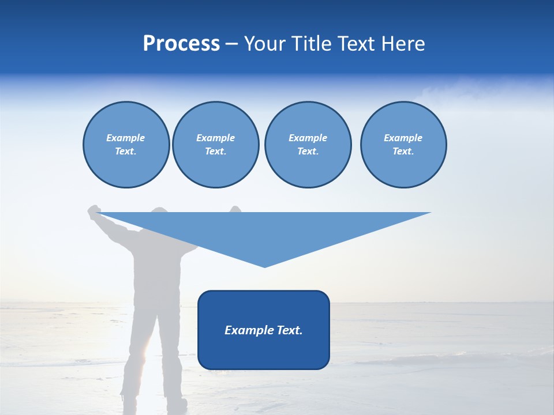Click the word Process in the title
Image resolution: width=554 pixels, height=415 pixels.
pos(181,44)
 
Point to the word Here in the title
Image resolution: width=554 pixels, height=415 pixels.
pos(404,44)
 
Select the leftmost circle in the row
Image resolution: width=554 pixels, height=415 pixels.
pos(126,145)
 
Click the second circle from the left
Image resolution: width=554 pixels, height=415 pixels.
pos(215,145)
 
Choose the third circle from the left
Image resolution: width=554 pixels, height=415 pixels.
pos(308,145)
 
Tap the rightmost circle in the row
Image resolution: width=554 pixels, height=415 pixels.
pos(403,145)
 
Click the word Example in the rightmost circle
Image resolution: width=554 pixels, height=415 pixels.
pos(403,138)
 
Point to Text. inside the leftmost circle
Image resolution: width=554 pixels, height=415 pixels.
pos(126,152)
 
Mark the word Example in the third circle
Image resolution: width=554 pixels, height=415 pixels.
pos(308,138)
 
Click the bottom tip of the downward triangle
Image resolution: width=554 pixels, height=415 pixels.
pos(265,266)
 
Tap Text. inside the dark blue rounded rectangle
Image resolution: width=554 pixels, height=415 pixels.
pos(290,330)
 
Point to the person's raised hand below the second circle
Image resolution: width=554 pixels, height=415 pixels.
pos(235,209)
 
